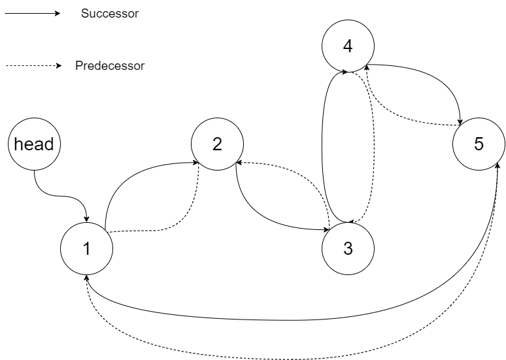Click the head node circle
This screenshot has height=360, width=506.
(33, 144)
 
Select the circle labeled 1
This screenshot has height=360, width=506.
(86, 249)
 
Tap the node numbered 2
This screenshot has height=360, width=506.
(217, 144)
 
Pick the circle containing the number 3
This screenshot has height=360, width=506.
(348, 249)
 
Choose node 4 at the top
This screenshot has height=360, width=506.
(348, 46)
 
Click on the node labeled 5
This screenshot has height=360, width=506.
(479, 144)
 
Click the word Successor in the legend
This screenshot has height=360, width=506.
(109, 14)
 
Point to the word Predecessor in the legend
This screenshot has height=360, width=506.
(109, 66)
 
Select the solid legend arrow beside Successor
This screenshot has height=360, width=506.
(33, 14)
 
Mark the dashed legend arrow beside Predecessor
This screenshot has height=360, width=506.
(33, 66)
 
